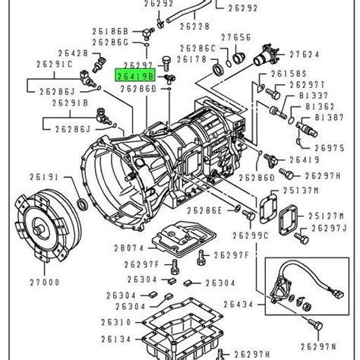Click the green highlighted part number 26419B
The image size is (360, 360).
[134, 76]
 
